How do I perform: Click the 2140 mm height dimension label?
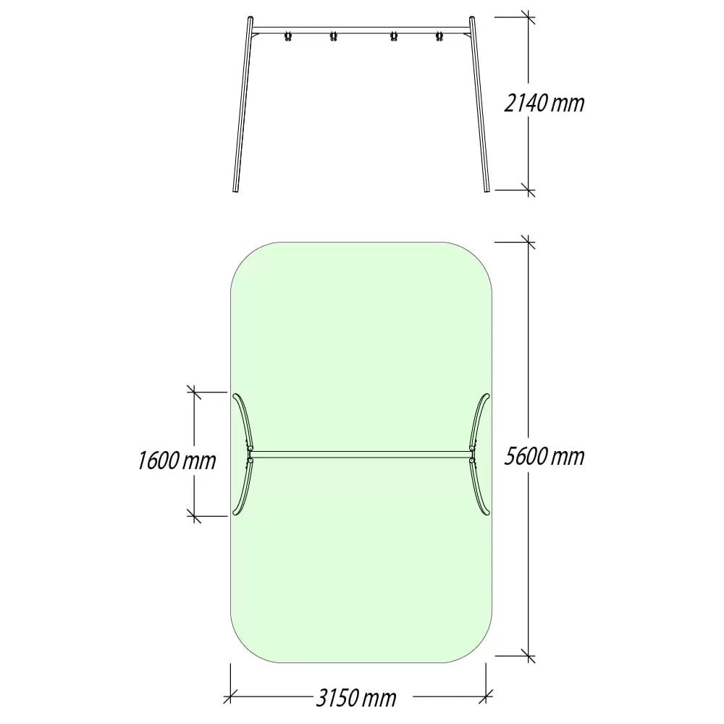[x=544, y=103]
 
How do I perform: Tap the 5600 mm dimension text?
[x=544, y=456]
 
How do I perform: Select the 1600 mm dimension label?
[x=177, y=460]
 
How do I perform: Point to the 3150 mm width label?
[x=356, y=698]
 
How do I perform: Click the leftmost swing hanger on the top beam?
[x=288, y=36]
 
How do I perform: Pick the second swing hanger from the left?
[x=333, y=36]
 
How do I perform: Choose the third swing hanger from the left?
[x=393, y=36]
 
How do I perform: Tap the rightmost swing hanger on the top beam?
[x=439, y=36]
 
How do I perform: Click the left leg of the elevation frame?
[x=243, y=104]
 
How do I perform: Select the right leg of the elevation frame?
[x=480, y=104]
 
